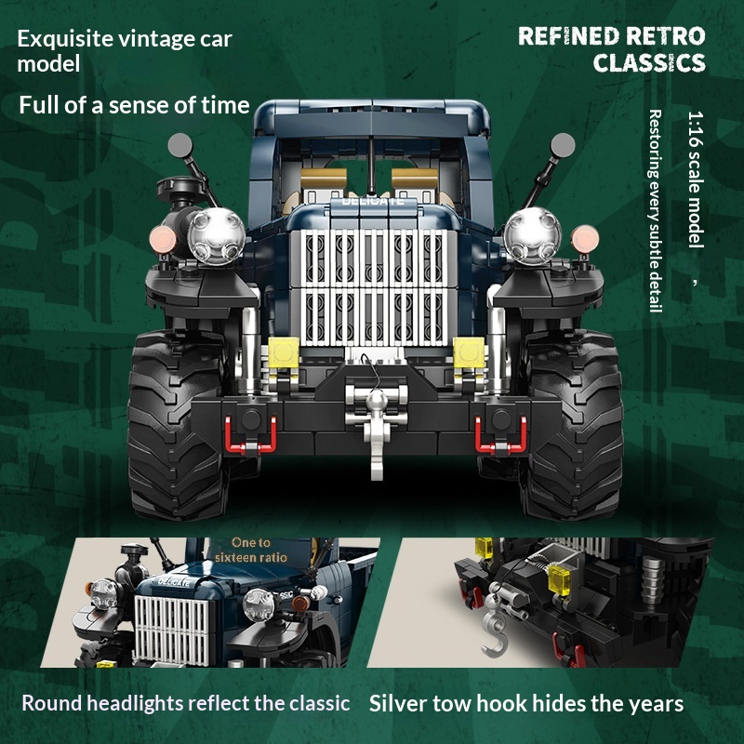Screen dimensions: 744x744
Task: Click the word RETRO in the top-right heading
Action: (665, 36)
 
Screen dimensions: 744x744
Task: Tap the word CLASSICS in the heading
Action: (649, 62)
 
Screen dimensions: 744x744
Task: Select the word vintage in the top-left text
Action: (155, 39)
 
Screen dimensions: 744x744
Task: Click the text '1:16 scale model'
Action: (696, 179)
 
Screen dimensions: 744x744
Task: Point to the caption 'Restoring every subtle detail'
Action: (655, 211)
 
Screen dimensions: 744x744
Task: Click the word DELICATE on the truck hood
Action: (373, 201)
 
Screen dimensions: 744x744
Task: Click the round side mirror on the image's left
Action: (179, 145)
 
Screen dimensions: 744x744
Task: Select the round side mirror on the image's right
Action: (563, 145)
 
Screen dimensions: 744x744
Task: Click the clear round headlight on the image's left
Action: (217, 236)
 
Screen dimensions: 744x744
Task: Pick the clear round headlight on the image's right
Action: (532, 236)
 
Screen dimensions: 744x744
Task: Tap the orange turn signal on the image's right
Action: (585, 239)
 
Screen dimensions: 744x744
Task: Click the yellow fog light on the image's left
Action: (284, 352)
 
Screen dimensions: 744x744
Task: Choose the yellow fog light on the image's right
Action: (469, 352)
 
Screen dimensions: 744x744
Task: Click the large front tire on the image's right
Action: (573, 425)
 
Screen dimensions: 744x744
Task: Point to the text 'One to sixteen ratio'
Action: (250, 550)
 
